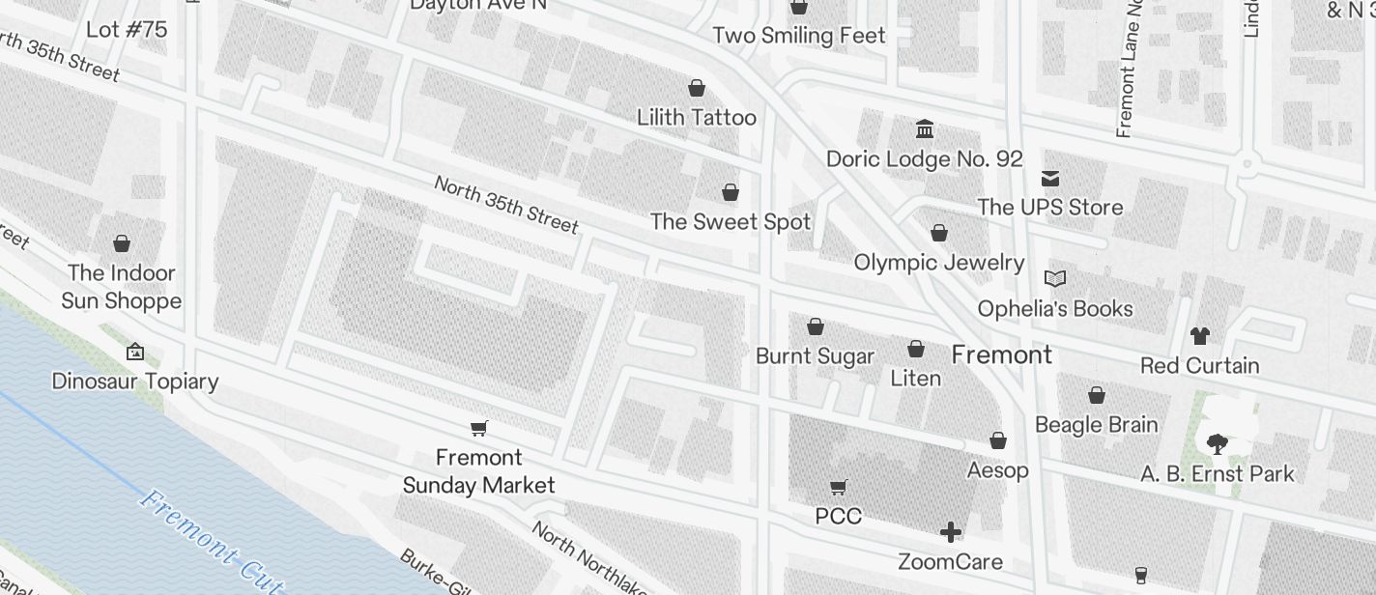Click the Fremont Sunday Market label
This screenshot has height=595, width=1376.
(x=478, y=471)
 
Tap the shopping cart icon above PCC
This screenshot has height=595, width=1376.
(x=839, y=488)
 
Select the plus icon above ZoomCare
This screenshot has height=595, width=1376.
(x=951, y=532)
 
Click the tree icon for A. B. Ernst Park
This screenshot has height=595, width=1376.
(x=1217, y=444)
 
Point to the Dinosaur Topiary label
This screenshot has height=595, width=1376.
(x=135, y=381)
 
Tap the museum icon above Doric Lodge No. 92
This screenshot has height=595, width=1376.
(x=925, y=128)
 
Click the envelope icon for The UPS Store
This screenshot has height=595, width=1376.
(x=1050, y=178)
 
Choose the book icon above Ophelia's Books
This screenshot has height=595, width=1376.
(x=1055, y=279)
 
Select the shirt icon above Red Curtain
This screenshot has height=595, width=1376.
(x=1200, y=336)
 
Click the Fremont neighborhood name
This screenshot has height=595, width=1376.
(x=1002, y=354)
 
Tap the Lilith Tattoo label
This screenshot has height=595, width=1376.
(x=696, y=118)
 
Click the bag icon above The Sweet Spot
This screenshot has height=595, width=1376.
(x=731, y=192)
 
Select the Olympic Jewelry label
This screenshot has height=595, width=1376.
(x=939, y=262)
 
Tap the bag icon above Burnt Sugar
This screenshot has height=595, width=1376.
(x=816, y=326)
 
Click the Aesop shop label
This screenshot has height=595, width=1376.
(x=998, y=470)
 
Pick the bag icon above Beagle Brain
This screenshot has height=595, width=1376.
(x=1097, y=395)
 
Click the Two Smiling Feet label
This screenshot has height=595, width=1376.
(x=799, y=36)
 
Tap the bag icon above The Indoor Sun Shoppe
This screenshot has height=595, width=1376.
(x=122, y=243)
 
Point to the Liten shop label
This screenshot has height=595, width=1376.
(x=915, y=378)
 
